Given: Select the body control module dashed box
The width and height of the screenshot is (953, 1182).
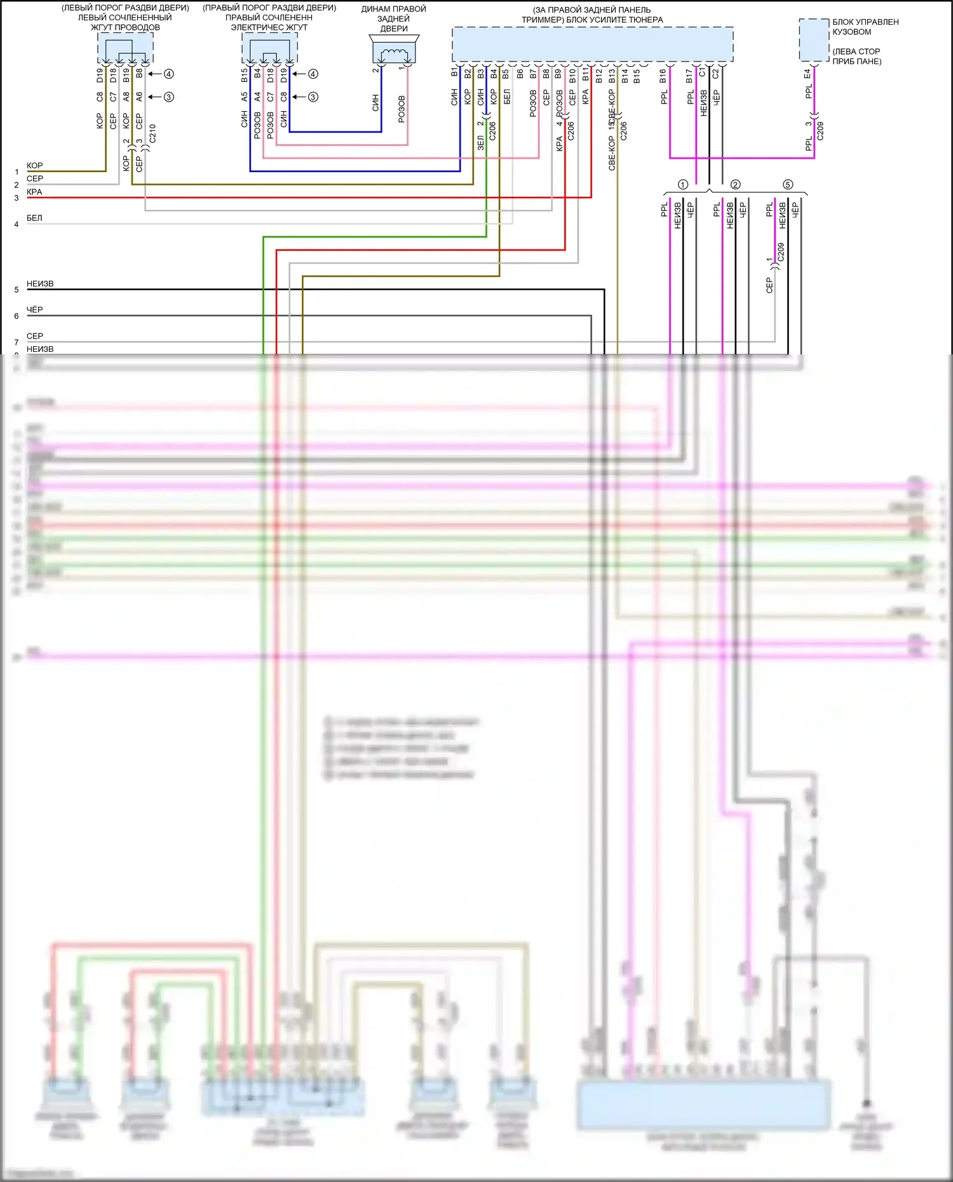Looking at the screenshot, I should click(814, 40).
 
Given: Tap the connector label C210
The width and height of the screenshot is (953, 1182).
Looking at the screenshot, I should click(152, 133).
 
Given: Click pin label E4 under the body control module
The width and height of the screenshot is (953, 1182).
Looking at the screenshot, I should click(808, 74).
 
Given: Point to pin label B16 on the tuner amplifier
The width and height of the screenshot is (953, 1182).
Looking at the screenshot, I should click(663, 76).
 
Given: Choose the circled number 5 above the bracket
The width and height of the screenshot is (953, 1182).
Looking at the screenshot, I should click(788, 184).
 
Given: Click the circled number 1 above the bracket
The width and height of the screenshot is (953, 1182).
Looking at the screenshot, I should click(683, 184).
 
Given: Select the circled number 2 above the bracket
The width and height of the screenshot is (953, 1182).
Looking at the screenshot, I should click(735, 184).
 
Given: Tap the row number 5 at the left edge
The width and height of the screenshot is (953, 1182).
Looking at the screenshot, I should click(17, 290).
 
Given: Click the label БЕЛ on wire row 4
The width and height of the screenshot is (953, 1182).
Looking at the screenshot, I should click(34, 218).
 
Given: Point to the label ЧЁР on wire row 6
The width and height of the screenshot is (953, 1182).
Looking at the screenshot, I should click(34, 309).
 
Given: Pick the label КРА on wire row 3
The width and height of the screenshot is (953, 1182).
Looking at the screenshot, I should click(34, 192).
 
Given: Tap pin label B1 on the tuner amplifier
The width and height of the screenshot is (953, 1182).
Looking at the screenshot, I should click(455, 72).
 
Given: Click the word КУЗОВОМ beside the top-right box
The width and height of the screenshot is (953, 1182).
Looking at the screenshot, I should click(851, 32).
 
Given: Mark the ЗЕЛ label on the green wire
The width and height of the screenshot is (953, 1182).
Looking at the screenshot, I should click(481, 143).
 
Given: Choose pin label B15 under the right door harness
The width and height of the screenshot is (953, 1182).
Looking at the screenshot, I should click(245, 76).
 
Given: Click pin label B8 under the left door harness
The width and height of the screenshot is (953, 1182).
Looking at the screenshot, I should click(139, 73).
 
